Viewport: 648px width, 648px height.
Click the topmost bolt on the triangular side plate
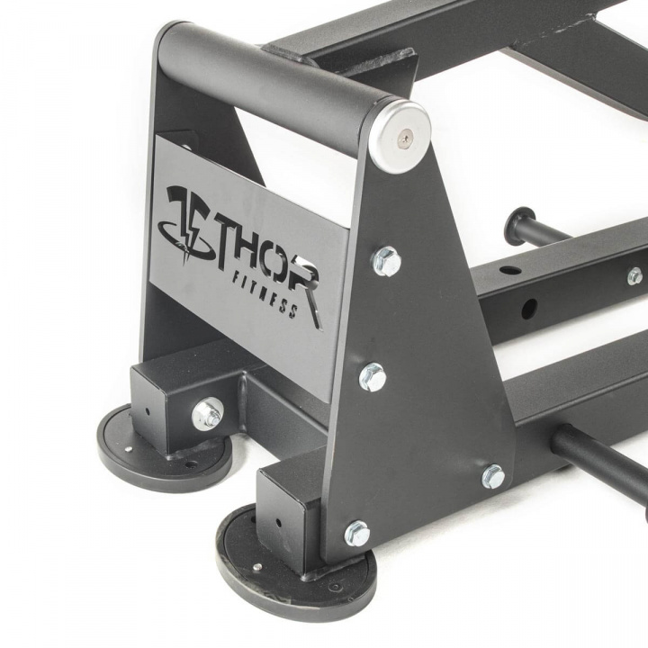tap(386, 263)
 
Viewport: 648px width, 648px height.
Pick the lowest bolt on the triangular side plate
tap(357, 533)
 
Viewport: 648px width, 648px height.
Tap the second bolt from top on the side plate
tap(373, 377)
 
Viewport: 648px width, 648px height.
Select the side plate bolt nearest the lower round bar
tap(493, 476)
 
